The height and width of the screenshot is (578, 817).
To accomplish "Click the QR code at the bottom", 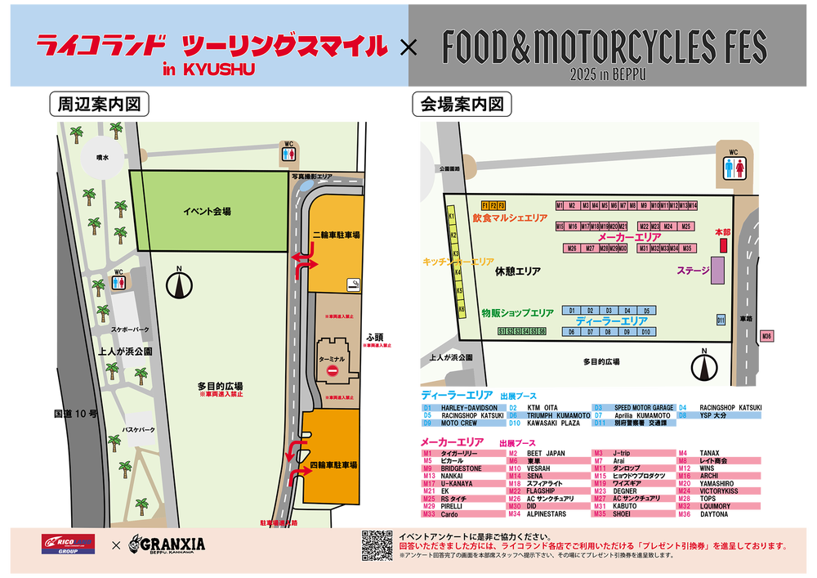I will [377, 545].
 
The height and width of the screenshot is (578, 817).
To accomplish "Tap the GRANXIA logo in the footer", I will [167, 544].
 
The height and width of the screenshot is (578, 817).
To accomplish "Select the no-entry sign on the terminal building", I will [333, 371].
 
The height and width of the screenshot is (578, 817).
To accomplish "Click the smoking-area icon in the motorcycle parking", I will [353, 285].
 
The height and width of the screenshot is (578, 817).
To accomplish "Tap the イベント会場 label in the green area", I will [207, 211].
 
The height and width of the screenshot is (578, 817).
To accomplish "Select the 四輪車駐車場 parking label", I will [336, 464].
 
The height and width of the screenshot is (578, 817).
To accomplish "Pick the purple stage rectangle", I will [717, 271].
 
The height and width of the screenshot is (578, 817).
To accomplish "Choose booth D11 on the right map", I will [721, 320].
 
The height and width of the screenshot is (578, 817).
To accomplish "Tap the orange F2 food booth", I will [493, 204].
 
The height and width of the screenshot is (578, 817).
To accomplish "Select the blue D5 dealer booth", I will [646, 311].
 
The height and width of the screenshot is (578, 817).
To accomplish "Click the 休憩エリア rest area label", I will [517, 271].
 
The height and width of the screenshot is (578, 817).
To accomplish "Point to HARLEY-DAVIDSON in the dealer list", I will [469, 407].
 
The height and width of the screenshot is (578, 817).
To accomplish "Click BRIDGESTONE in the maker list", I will [462, 468].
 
